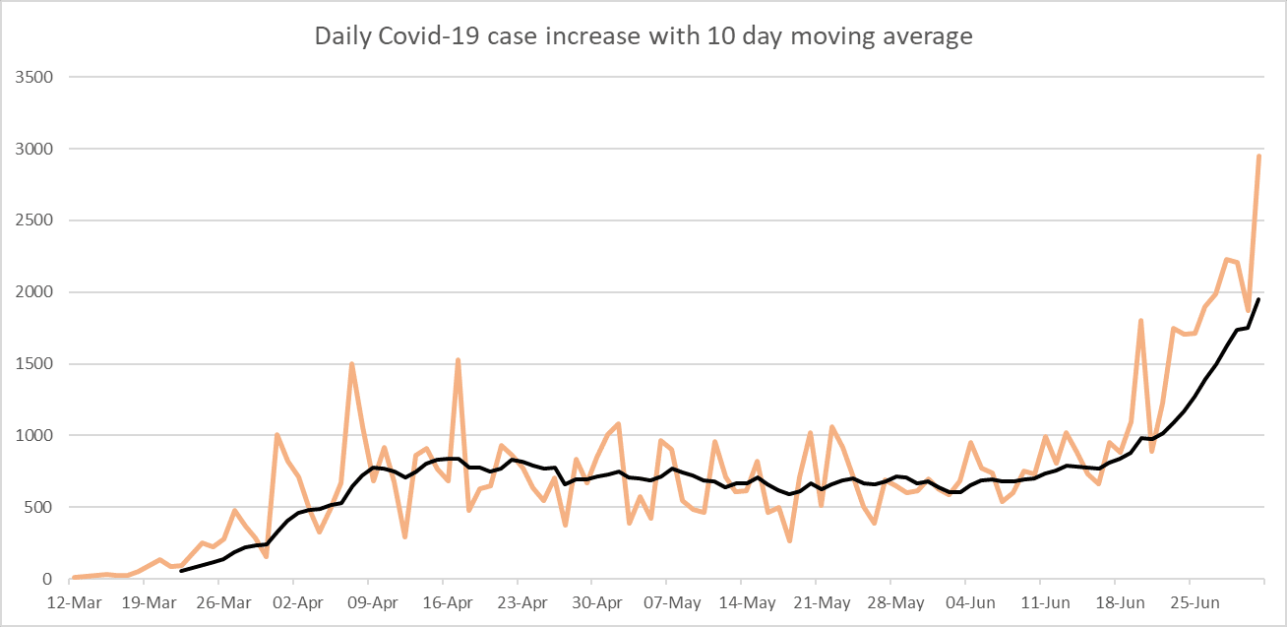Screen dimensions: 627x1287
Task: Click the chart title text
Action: [x=643, y=36]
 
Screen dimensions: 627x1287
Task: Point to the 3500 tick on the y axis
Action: [x=31, y=77]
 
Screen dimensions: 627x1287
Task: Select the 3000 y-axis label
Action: [x=31, y=149]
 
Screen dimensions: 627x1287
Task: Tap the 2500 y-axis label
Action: [x=31, y=220]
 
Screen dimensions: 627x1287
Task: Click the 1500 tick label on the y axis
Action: [x=31, y=364]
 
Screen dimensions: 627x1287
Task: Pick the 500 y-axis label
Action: [x=35, y=508]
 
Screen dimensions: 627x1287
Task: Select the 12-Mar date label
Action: [x=72, y=601]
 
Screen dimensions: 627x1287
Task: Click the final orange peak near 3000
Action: [x=1258, y=156]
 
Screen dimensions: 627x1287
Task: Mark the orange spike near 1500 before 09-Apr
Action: [x=351, y=364]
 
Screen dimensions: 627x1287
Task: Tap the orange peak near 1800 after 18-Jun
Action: [x=1140, y=321]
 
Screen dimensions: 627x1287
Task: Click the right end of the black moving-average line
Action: [x=1258, y=299]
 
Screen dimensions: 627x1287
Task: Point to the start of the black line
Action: [x=181, y=571]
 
